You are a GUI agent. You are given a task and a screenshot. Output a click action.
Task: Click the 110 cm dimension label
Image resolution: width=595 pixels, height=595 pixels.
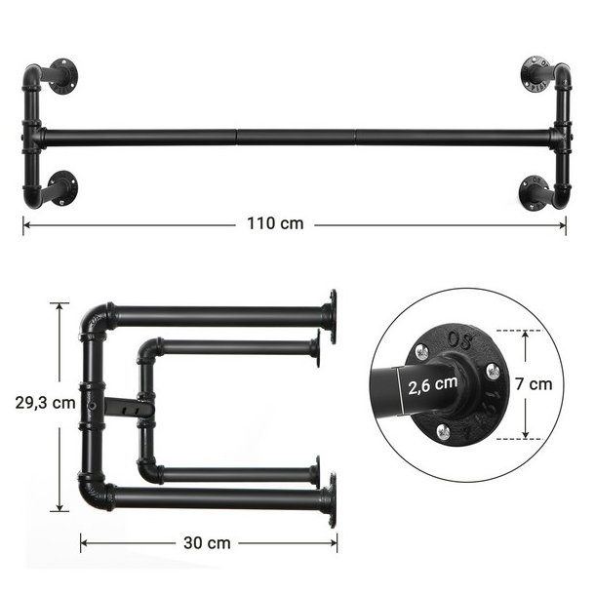[275, 223]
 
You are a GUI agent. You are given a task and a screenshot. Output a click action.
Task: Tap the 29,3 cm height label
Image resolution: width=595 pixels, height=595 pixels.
[46, 403]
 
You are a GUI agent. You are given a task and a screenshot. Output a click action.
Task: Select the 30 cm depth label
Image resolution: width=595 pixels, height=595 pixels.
[207, 543]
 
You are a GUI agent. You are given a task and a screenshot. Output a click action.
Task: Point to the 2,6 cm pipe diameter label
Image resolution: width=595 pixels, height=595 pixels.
[432, 385]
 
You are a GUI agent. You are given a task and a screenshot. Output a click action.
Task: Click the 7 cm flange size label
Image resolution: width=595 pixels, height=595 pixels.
[534, 384]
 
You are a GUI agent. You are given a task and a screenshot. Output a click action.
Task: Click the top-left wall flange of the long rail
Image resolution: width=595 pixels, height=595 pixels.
[63, 76]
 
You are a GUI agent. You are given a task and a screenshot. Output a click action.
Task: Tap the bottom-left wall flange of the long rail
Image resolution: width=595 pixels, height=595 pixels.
[63, 188]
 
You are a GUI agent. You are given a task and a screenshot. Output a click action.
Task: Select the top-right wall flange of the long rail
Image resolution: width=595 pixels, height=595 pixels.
[535, 74]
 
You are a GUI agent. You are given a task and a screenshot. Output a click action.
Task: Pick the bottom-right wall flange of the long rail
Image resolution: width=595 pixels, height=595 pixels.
[533, 192]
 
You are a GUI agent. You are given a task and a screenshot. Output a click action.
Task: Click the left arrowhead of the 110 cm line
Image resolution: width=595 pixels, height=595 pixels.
[27, 225]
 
